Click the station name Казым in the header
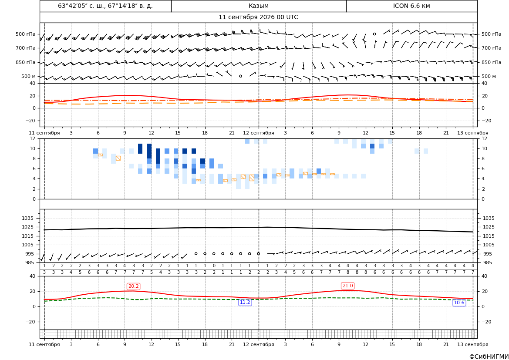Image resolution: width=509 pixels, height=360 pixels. (258, 6)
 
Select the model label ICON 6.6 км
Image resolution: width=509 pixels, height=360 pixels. (411, 6)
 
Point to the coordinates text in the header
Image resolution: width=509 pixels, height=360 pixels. (105, 6)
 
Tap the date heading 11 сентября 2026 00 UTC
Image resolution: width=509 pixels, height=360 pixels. (258, 17)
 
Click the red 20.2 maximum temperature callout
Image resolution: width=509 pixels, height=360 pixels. (133, 286)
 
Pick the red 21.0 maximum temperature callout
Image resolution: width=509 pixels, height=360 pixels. (347, 286)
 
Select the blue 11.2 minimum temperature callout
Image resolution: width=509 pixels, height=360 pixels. (245, 303)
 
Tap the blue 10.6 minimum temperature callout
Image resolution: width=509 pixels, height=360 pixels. (459, 303)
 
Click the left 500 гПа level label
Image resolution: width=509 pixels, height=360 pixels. (26, 34)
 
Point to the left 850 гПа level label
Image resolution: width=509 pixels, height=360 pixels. (26, 62)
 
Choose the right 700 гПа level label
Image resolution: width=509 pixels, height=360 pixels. (492, 48)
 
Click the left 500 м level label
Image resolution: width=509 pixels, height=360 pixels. (29, 76)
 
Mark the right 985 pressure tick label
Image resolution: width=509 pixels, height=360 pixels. (488, 262)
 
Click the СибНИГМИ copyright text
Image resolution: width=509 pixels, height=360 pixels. (489, 357)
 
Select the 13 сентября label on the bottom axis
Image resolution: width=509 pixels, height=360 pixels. (473, 344)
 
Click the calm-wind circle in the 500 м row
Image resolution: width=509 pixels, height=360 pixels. (240, 76)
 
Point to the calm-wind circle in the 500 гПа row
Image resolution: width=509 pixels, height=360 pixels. (374, 34)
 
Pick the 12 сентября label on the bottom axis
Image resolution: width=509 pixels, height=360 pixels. (258, 344)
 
